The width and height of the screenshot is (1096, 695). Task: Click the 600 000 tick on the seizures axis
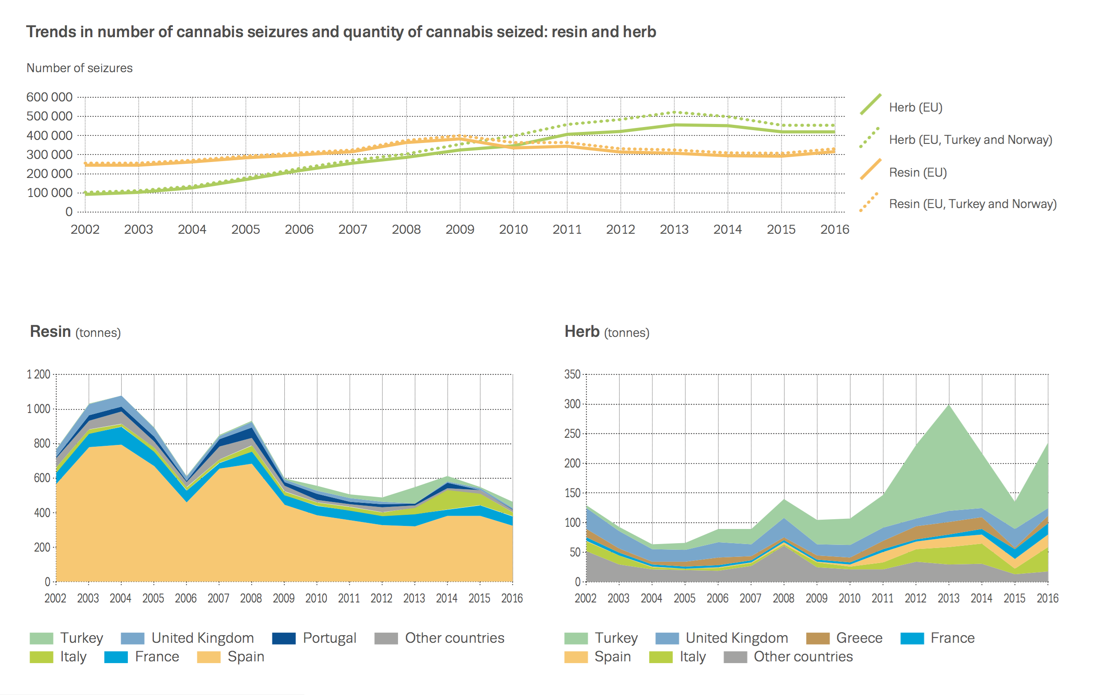[49, 97]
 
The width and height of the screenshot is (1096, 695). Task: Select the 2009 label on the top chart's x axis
[460, 229]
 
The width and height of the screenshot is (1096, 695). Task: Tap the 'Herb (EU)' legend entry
[915, 108]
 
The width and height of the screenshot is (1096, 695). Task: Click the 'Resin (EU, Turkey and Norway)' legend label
[973, 204]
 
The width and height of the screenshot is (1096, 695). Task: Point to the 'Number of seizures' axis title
[79, 68]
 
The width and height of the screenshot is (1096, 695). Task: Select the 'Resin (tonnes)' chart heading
[75, 332]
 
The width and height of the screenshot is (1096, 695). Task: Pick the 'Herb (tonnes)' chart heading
[607, 332]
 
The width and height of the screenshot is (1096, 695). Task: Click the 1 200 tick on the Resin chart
[38, 375]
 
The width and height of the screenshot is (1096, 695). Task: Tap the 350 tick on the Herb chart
[572, 375]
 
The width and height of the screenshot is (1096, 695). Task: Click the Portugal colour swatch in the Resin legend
[284, 638]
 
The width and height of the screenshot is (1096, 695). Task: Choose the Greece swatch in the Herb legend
[817, 638]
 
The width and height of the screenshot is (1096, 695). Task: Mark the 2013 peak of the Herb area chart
[949, 405]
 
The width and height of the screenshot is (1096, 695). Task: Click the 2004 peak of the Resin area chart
[121, 396]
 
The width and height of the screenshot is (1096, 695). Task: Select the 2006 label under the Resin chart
[186, 598]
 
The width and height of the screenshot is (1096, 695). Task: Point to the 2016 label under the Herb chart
[1047, 598]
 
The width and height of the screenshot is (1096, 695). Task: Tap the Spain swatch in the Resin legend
[208, 657]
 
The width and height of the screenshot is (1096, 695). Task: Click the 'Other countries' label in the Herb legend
[803, 657]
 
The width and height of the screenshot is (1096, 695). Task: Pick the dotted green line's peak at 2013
[674, 112]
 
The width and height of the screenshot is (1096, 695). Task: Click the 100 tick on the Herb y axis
[572, 522]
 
